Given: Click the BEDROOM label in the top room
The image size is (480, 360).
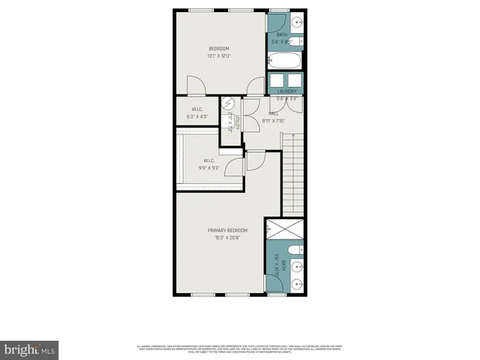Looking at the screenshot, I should pyautogui.click(x=218, y=49).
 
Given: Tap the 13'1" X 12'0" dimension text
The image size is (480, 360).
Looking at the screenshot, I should pyautogui.click(x=218, y=56).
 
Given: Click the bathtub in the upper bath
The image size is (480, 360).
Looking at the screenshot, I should pyautogui.click(x=285, y=61).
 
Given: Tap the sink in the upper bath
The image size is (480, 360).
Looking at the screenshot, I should pyautogui.click(x=297, y=20).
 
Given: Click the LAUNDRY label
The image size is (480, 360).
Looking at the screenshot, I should pyautogui.click(x=286, y=91).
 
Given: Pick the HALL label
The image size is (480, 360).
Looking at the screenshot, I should pyautogui.click(x=274, y=114).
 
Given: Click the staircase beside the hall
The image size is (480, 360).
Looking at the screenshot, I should pyautogui.click(x=293, y=172).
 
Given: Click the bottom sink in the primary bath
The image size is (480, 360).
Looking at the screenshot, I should pyautogui.click(x=298, y=283).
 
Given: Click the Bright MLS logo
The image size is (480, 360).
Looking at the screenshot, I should pyautogui.click(x=30, y=349).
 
